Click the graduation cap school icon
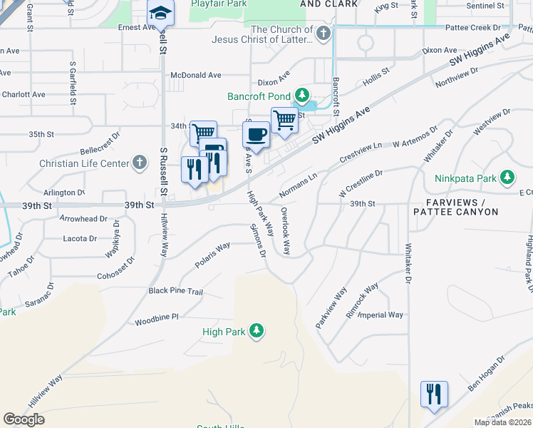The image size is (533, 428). [161, 13]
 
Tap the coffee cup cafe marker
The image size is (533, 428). [256, 133]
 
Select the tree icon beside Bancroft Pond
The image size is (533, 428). [302, 95]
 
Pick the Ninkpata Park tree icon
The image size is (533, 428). [507, 176]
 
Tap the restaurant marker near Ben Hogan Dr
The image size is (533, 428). [434, 393]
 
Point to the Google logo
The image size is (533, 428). [24, 419]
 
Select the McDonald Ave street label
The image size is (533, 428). [196, 75]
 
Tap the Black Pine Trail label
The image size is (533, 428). [175, 291]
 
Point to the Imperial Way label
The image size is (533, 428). [381, 315]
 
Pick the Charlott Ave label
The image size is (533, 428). [23, 94]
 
